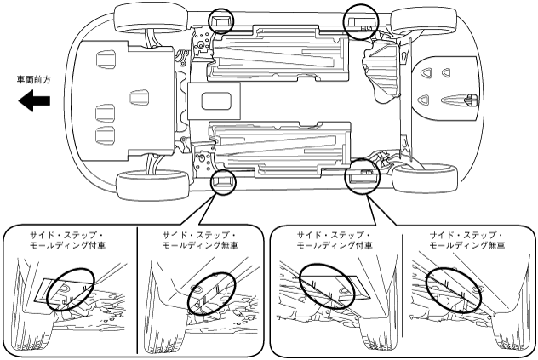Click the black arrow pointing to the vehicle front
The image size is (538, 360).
point(35,101)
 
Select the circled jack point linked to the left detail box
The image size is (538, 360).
point(223,180)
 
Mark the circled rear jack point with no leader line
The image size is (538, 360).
point(360,21)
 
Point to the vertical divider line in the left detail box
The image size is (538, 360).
point(137,289)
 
